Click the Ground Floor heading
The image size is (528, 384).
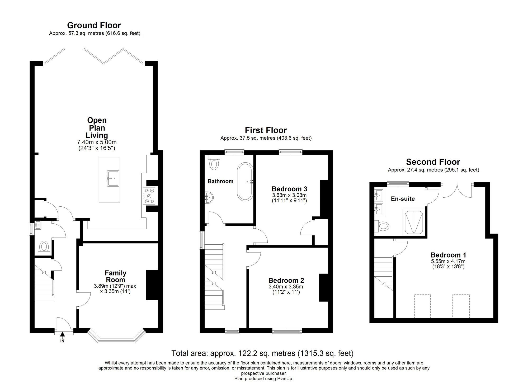(x=94, y=25)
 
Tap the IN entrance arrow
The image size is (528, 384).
(x=62, y=335)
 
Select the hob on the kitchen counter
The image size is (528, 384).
(x=150, y=196)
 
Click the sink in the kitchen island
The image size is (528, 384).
(x=113, y=178)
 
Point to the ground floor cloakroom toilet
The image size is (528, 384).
(x=44, y=247)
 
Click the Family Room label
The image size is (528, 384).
(x=115, y=276)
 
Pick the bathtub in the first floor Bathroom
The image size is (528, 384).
(x=245, y=182)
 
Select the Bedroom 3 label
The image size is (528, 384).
(x=289, y=189)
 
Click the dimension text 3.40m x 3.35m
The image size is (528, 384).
(x=286, y=287)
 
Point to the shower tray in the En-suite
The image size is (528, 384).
(x=413, y=222)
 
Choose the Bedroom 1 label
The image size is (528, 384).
(x=448, y=255)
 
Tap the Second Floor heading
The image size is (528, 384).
(x=433, y=162)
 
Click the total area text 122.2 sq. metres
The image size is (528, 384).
(x=262, y=353)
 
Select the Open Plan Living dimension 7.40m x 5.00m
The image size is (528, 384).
(x=97, y=143)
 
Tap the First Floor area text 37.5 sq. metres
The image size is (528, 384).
(x=266, y=138)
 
